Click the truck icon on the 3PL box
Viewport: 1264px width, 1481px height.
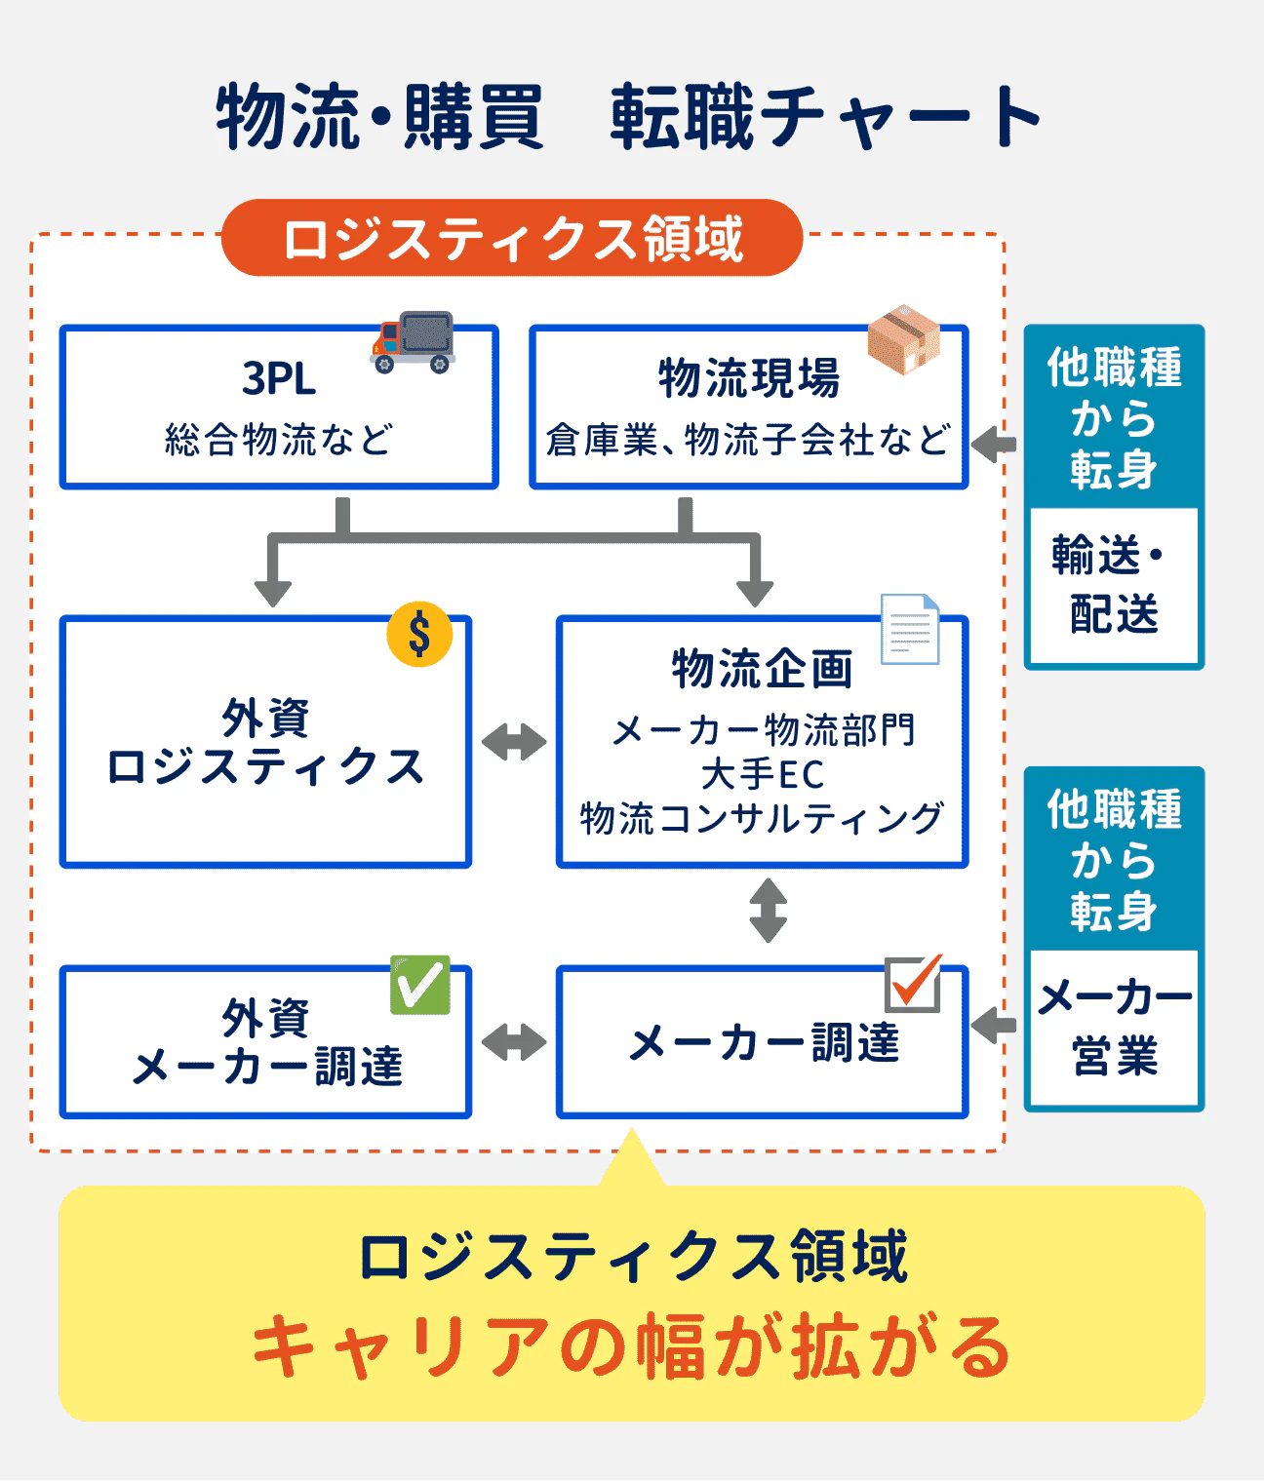click(414, 342)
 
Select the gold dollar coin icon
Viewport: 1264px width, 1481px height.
click(419, 634)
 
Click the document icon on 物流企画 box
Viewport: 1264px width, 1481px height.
click(909, 629)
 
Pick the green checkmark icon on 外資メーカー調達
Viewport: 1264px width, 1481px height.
click(420, 985)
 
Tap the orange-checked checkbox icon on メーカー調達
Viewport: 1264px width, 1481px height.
click(913, 984)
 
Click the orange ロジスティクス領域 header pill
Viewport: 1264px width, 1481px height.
click(512, 238)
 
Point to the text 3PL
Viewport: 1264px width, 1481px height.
click(279, 378)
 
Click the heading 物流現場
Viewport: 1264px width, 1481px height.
click(748, 378)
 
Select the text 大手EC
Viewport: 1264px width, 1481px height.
click(762, 774)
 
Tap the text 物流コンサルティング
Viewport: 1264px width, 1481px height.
click(762, 818)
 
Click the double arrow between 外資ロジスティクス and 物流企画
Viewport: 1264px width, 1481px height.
click(514, 742)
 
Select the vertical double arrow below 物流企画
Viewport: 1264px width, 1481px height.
click(768, 911)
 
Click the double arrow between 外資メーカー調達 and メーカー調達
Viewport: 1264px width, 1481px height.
click(514, 1042)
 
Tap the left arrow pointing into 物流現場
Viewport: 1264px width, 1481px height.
click(994, 444)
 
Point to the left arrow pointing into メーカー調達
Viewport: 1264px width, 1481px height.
click(994, 1025)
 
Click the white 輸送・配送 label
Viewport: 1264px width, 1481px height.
click(1114, 585)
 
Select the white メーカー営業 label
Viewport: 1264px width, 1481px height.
click(1114, 1027)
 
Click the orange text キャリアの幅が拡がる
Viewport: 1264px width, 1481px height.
click(631, 1346)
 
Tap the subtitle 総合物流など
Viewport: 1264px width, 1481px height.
click(279, 440)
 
